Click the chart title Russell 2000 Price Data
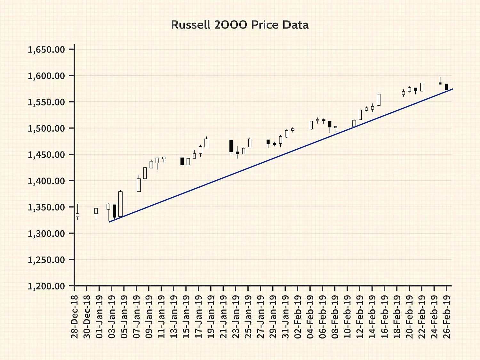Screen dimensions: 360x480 (x=240, y=25)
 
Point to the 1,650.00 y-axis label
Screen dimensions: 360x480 (x=46, y=50)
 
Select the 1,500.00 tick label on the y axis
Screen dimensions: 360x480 (x=46, y=128)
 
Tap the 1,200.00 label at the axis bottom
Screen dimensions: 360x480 (x=46, y=286)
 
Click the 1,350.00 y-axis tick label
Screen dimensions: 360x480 (x=46, y=207)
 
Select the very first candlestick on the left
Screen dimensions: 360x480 (x=77, y=215)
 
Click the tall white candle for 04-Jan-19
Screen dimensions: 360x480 (x=121, y=204)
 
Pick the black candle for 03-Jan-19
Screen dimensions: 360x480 (x=114, y=211)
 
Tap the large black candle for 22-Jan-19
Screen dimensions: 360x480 (x=231, y=146)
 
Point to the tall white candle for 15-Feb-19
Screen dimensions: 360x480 (x=379, y=100)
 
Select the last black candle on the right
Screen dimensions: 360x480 (x=446, y=87)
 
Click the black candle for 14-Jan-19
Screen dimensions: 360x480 (x=182, y=161)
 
